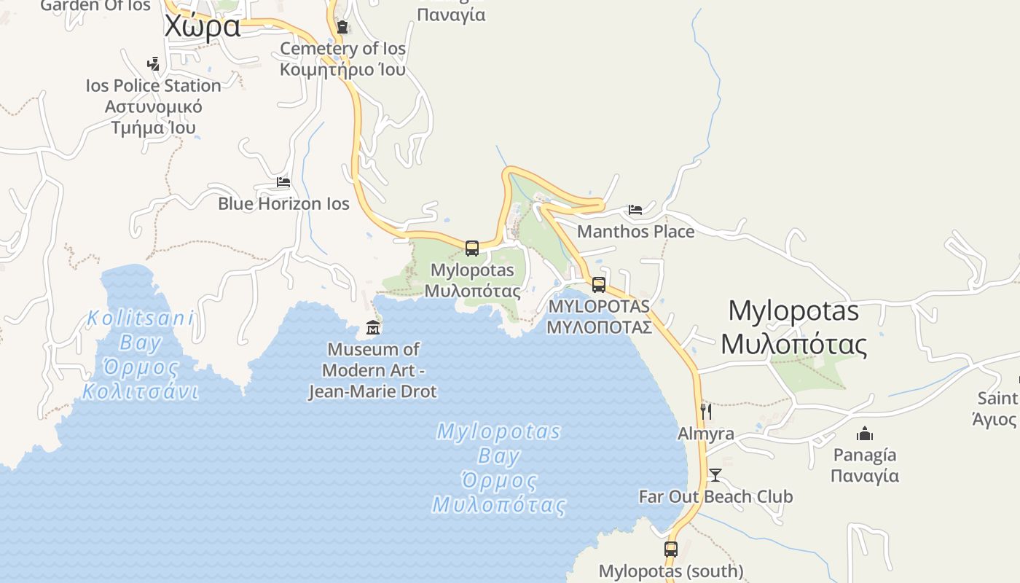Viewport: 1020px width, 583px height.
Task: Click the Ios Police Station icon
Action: (x=153, y=64)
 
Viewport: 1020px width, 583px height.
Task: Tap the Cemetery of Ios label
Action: (x=342, y=59)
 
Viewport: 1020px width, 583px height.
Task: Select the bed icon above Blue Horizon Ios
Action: (x=283, y=181)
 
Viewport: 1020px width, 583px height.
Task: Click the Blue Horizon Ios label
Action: (x=283, y=203)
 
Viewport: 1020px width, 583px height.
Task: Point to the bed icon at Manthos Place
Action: (x=635, y=210)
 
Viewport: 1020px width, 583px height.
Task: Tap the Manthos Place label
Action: (x=635, y=232)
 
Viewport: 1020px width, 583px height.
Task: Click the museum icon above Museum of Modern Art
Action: (x=373, y=327)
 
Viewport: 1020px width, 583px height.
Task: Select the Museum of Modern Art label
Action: (x=372, y=370)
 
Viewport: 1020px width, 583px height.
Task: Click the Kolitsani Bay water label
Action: (x=141, y=355)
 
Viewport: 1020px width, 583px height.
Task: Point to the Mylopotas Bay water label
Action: (x=499, y=468)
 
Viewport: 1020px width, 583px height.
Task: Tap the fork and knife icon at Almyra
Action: (x=705, y=412)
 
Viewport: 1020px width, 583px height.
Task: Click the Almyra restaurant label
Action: (x=706, y=434)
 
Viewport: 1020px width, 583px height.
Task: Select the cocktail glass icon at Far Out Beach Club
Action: (x=715, y=475)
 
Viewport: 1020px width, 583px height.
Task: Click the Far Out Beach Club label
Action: (x=715, y=497)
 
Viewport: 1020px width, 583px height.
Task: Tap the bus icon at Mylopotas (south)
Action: (x=671, y=549)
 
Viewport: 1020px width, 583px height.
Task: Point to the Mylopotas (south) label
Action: (x=671, y=571)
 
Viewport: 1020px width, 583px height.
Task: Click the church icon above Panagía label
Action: (x=865, y=434)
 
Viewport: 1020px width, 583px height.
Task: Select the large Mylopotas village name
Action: (x=794, y=327)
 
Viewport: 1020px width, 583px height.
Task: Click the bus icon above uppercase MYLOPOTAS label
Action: (x=599, y=285)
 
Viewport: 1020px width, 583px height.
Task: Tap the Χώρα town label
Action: (x=202, y=26)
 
